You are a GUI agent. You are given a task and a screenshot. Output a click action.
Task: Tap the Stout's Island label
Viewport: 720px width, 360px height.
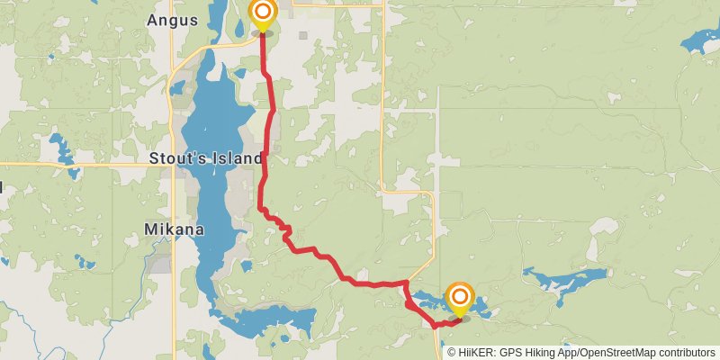click(x=205, y=158)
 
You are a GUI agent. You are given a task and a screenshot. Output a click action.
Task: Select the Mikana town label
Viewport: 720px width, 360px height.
click(x=174, y=229)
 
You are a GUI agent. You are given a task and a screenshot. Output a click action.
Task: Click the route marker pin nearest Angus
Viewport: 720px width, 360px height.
click(x=262, y=13)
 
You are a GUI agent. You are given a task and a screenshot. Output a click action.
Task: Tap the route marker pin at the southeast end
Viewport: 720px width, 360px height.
click(x=460, y=297)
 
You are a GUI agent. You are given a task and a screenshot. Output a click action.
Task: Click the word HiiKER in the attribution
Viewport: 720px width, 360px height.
click(x=477, y=353)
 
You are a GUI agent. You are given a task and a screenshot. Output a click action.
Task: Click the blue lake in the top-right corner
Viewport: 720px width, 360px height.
click(x=700, y=40)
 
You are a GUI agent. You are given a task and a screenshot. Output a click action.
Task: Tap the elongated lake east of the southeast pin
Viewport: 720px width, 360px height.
click(x=567, y=283)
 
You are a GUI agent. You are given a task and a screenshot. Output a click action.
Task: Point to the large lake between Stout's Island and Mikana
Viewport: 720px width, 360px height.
click(x=209, y=193)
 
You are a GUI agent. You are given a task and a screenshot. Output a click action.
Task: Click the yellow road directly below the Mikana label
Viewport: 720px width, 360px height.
click(x=173, y=288)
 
